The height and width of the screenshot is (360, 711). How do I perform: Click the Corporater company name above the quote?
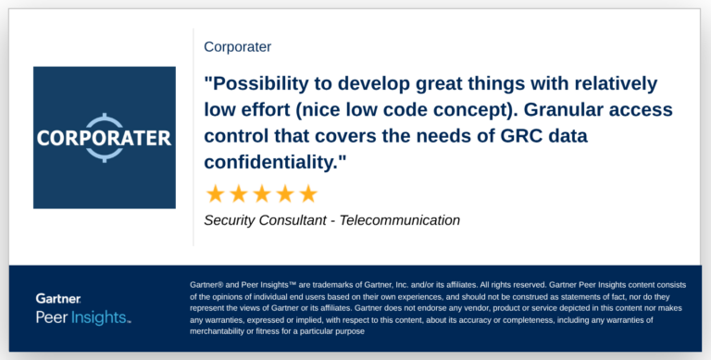[237, 46]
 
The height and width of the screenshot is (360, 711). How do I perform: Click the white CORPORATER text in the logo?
[104, 139]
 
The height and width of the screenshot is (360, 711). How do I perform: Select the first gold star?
[215, 193]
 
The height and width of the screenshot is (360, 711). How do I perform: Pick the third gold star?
[261, 193]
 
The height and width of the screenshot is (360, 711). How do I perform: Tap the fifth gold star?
[307, 193]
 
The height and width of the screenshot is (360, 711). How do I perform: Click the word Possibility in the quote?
[262, 83]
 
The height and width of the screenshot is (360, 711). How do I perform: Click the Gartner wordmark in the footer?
[58, 299]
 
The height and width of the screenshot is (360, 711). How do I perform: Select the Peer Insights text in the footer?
[81, 317]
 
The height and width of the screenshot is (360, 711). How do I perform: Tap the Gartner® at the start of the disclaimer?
[208, 284]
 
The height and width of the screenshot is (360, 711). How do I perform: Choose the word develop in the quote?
[401, 83]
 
